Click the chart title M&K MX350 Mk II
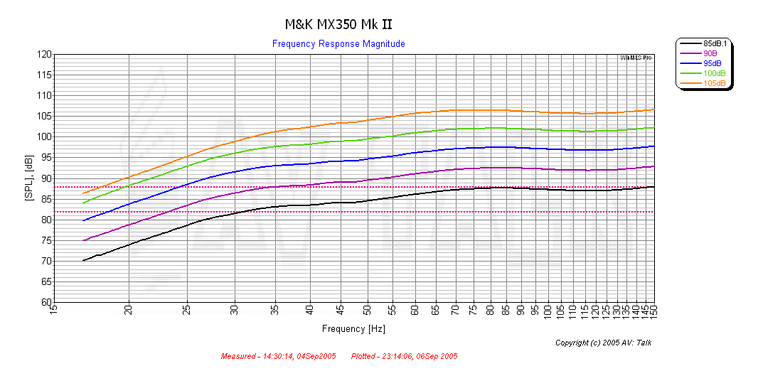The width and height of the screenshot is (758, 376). [338, 24]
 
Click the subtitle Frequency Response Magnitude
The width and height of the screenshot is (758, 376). [338, 44]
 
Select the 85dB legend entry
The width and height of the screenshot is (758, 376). [713, 43]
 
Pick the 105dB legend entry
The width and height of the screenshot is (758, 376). [713, 83]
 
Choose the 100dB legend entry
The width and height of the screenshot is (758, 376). [713, 73]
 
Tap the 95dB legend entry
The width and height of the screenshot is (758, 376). [713, 63]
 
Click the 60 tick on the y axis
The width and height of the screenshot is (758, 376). [46, 303]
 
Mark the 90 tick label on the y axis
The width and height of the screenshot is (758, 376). [46, 178]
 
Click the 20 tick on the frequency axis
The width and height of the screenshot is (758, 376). [129, 311]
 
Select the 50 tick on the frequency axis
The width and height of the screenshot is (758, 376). [367, 311]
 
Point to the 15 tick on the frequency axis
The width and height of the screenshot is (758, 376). [54, 311]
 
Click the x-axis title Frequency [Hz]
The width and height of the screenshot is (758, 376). [353, 329]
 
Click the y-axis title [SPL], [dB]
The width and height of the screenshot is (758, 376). [28, 178]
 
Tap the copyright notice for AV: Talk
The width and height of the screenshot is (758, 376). [603, 343]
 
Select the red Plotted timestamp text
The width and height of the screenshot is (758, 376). [404, 356]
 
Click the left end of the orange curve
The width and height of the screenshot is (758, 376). [83, 193]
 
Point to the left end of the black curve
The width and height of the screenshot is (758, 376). [83, 261]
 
